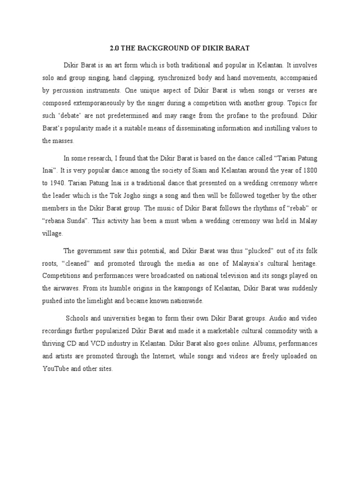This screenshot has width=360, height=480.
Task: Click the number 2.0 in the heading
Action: pyautogui.click(x=114, y=48)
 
